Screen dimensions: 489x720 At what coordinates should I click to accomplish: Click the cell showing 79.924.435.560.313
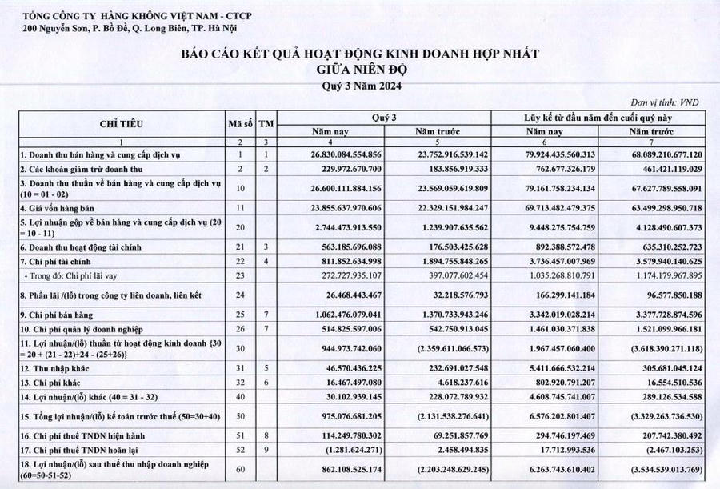pos(554,154)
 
